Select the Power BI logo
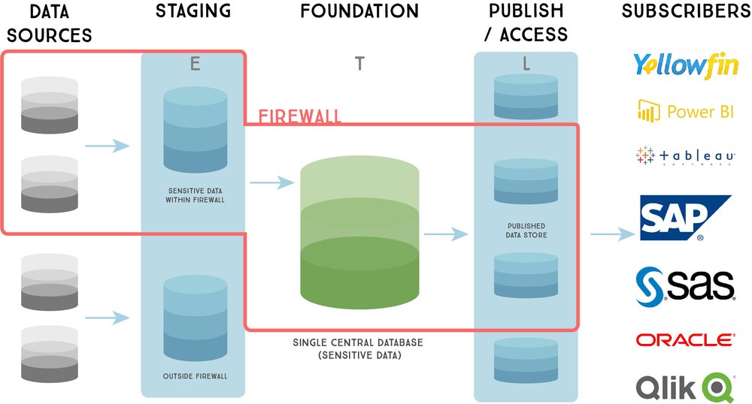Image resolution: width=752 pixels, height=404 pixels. pyautogui.click(x=685, y=111)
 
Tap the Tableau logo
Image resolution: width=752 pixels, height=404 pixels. pyautogui.click(x=685, y=155)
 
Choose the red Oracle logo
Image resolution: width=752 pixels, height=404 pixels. pyautogui.click(x=685, y=340)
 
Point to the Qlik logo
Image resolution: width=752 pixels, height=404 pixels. pyautogui.click(x=685, y=386)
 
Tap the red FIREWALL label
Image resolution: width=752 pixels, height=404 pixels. pyautogui.click(x=300, y=116)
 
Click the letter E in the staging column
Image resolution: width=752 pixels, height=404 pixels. pyautogui.click(x=195, y=65)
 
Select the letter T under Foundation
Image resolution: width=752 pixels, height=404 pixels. pyautogui.click(x=359, y=65)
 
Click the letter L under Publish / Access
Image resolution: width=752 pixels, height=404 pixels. pyautogui.click(x=526, y=65)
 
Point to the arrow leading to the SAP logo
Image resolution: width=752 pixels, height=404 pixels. pyautogui.click(x=612, y=234)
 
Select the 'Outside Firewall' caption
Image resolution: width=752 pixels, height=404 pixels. pyautogui.click(x=195, y=376)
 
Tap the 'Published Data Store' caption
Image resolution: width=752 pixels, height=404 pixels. pyautogui.click(x=526, y=231)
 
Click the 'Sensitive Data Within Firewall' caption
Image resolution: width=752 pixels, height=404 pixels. pyautogui.click(x=195, y=194)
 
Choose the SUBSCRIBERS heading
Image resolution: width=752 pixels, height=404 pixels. pyautogui.click(x=685, y=12)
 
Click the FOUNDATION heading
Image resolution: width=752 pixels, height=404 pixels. pyautogui.click(x=359, y=12)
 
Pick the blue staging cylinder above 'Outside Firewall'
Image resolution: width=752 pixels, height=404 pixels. pyautogui.click(x=195, y=318)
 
